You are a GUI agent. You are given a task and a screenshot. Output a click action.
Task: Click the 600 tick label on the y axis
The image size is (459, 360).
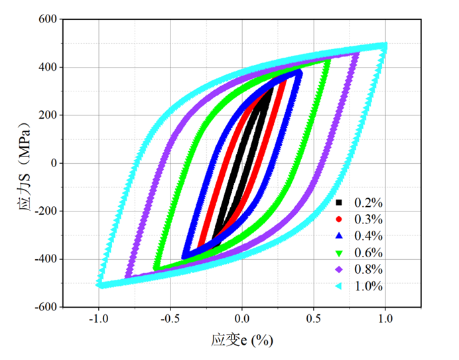pos(48,19)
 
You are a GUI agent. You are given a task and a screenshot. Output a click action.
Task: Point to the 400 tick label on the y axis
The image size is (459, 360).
pos(48,67)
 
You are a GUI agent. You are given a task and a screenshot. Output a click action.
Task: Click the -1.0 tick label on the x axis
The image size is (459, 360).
pos(98,318)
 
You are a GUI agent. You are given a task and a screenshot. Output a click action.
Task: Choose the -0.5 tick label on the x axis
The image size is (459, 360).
pos(170,318)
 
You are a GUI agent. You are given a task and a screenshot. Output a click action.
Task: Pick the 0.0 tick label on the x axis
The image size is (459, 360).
pos(243,318)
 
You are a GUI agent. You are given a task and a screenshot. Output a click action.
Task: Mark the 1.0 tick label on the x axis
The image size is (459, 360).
pos(385,318)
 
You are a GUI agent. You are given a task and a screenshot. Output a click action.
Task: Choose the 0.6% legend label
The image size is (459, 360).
pos(369,253)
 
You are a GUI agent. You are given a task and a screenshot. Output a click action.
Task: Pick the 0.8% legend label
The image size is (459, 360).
pos(369,269)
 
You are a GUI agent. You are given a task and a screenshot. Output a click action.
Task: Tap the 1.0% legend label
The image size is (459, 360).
pos(369,286)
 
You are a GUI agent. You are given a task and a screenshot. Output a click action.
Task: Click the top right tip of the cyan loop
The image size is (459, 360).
pos(384,46)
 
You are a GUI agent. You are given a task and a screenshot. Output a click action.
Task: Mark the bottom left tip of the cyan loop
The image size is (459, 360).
pos(100,284)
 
